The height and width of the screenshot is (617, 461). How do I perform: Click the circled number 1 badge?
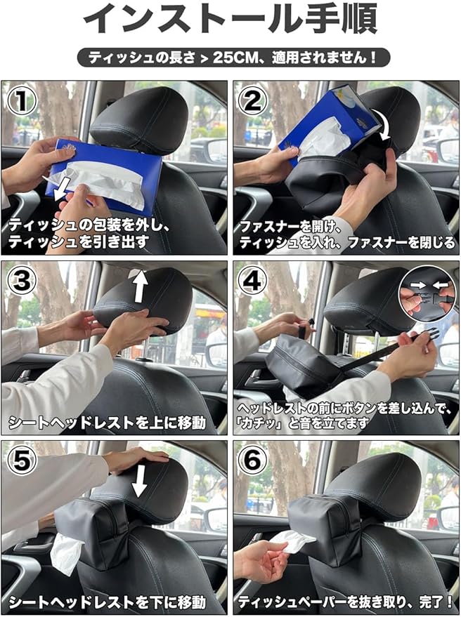point(22,101)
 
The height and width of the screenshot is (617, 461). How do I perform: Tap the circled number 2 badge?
point(253,101)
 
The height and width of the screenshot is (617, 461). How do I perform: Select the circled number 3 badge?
point(22,280)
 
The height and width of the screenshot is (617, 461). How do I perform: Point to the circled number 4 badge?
point(253,280)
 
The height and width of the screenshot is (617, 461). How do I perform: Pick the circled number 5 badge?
point(22,460)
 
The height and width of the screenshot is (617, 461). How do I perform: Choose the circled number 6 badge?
point(253,460)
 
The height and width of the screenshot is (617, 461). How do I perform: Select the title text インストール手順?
point(230,20)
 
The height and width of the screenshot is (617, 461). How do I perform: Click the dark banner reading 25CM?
point(233,58)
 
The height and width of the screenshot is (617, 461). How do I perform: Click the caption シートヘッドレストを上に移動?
point(108,423)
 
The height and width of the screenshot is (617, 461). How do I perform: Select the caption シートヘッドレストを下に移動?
point(108,602)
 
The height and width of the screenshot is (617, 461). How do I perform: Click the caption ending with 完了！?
point(346,602)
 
